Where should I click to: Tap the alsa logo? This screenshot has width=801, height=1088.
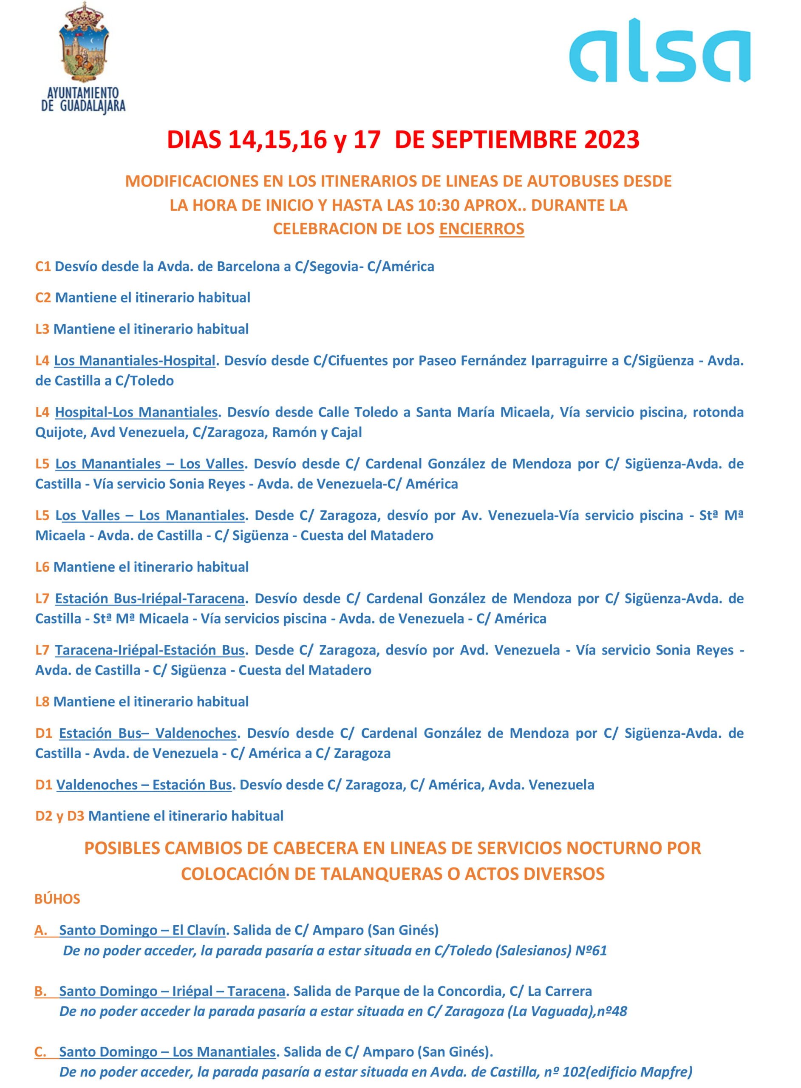pos(659,51)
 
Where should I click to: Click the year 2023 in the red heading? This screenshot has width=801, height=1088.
pos(611,140)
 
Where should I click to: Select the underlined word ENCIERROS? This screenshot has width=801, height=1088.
pos(481,228)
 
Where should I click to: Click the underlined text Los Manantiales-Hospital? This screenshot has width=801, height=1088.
pos(134,360)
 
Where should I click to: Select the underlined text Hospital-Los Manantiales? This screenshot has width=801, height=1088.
pos(136,412)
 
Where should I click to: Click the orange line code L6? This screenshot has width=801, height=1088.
pos(42,567)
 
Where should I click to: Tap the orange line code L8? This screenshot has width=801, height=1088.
pos(42,701)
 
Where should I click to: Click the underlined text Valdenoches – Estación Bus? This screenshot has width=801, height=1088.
pos(144,785)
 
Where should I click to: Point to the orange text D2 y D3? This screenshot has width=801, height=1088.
pos(59,816)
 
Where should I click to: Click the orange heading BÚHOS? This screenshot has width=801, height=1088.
pos(57,899)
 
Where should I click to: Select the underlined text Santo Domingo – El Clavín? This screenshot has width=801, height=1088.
pos(142,930)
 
